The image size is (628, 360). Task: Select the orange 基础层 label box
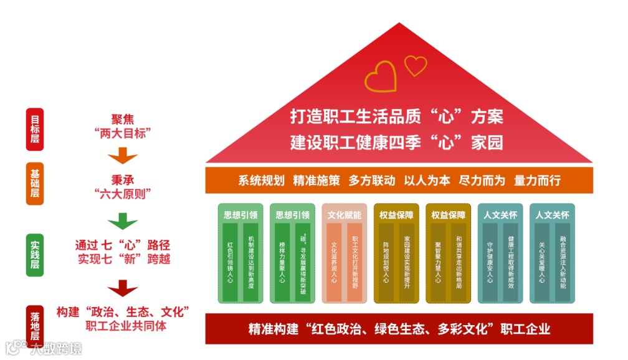point(34,184)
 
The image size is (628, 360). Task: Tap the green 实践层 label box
point(34,255)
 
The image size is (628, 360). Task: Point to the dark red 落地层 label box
point(34,323)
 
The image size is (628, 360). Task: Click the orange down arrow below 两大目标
point(123,156)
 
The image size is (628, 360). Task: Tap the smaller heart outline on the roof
point(416,65)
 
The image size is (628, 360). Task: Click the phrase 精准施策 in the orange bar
point(316,181)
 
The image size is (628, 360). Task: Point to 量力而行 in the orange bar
point(537,181)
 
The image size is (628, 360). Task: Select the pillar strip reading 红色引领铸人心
point(231,262)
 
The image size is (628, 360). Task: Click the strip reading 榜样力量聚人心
point(283,262)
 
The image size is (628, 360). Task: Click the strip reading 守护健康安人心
point(490,262)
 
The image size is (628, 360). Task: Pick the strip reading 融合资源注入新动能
point(563,262)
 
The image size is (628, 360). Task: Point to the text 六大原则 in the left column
point(123,193)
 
